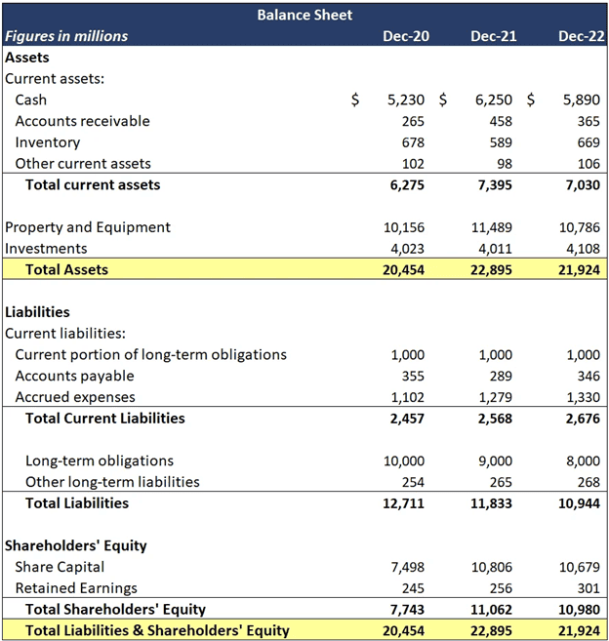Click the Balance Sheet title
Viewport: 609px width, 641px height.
[x=304, y=15]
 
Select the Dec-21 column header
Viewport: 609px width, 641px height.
[x=493, y=36]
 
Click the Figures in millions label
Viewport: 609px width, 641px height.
[x=66, y=36]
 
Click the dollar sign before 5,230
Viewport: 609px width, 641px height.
[x=355, y=100]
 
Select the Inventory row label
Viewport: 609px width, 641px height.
[x=48, y=142]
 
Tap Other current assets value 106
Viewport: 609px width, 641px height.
[x=588, y=164]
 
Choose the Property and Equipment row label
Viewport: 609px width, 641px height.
[x=88, y=227]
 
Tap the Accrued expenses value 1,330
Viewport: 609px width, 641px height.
[x=583, y=397]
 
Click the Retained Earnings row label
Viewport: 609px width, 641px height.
[x=76, y=588]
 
